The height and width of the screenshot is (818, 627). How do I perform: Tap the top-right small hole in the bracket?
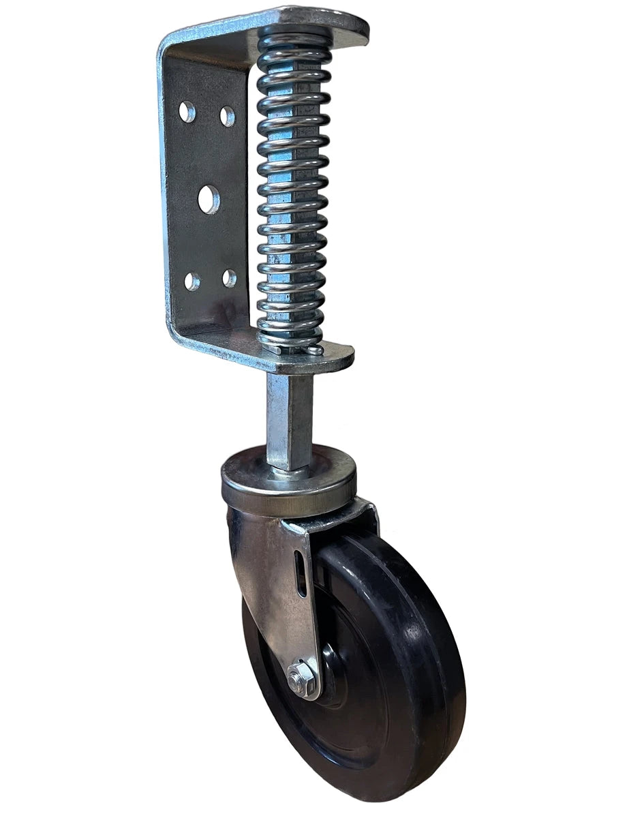227,117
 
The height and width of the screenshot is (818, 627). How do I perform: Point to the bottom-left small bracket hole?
192,281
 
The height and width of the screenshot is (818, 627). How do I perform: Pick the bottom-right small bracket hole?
229,278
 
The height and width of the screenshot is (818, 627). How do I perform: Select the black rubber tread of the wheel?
436,648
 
